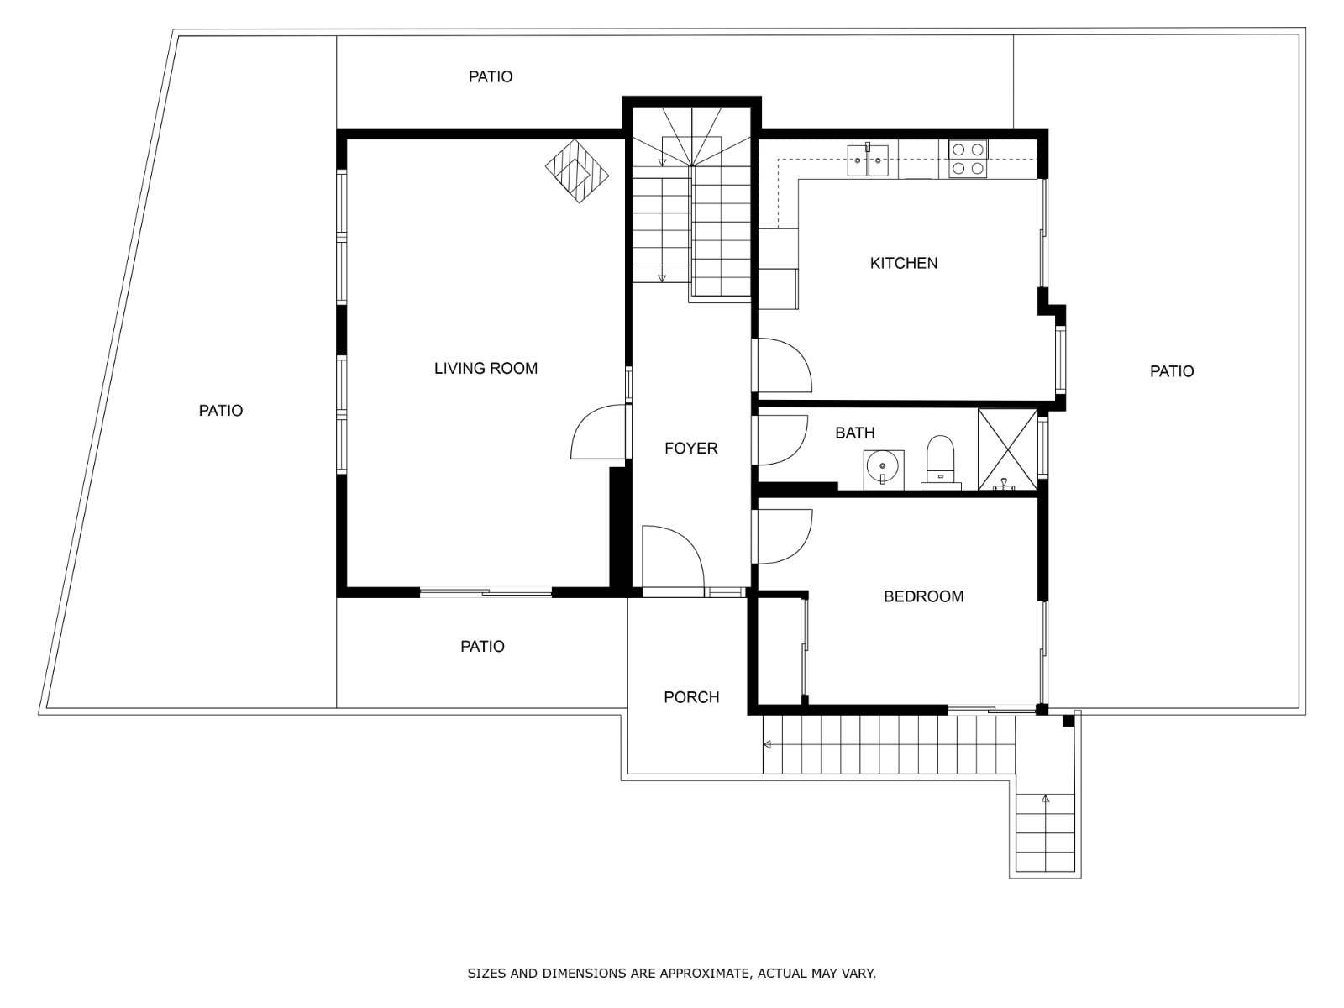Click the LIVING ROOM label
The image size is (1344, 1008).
[486, 369]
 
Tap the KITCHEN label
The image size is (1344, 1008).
[904, 263]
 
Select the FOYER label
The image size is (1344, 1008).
[690, 449]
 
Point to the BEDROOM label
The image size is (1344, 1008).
[923, 596]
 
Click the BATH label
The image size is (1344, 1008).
[855, 433]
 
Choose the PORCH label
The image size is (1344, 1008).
[691, 698]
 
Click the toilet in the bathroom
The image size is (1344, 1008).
[941, 463]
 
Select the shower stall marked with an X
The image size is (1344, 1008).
[1008, 450]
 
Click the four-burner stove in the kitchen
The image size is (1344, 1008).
[968, 159]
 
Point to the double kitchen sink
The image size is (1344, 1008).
[868, 160]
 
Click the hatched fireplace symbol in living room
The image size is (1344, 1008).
[577, 171]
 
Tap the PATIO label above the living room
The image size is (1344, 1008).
[491, 77]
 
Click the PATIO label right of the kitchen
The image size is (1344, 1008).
[1171, 371]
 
